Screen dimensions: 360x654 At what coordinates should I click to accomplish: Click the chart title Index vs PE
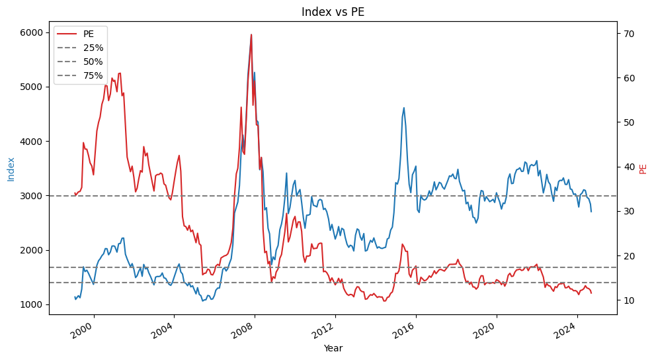coord(333,12)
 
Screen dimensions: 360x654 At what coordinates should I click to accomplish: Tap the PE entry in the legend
coord(88,34)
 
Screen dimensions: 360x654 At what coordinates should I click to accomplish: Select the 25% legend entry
coord(93,48)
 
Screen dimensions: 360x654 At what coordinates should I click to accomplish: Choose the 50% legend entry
coord(93,62)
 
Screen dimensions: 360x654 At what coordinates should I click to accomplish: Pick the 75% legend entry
coord(93,75)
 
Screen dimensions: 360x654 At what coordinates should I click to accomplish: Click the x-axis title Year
coord(333,348)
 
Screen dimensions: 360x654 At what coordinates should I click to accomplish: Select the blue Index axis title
coord(11,169)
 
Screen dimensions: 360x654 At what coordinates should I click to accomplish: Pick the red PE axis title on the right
coord(643,169)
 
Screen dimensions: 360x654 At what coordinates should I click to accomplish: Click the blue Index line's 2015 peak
coord(403,108)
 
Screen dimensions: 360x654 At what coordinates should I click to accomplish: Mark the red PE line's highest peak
coord(251,34)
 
